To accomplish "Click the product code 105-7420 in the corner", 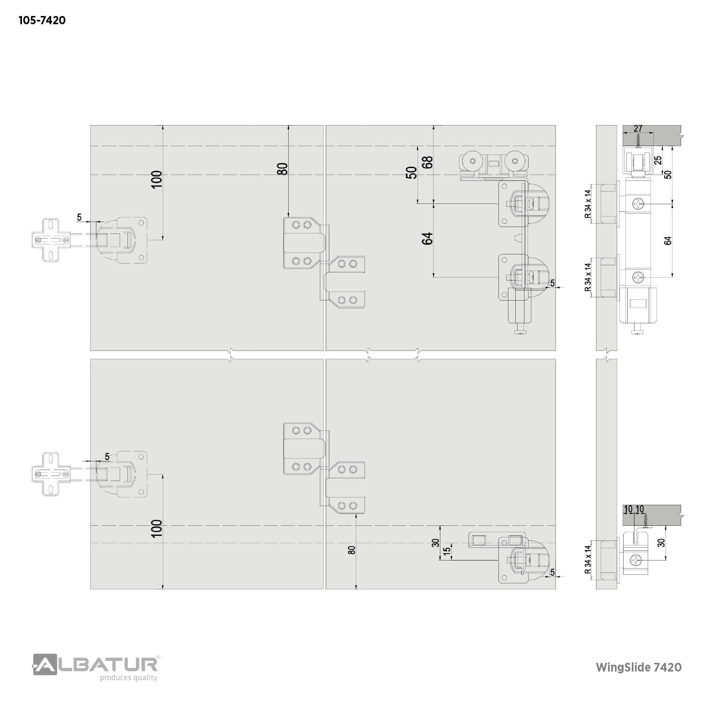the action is (x=42, y=21).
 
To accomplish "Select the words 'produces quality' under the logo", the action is (x=129, y=677).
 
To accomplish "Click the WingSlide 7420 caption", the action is (x=639, y=667).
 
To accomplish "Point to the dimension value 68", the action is (x=428, y=163).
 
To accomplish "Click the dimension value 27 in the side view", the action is (x=639, y=129).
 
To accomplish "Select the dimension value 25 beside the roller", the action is (x=658, y=160).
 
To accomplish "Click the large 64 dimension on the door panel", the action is (x=428, y=238).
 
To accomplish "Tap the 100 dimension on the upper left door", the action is (x=157, y=180).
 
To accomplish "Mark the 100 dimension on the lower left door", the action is (x=157, y=529).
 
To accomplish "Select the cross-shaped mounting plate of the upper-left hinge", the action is (x=51, y=240).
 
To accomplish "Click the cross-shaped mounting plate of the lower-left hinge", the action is (x=51, y=474).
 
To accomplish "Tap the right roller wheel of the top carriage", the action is (x=515, y=161).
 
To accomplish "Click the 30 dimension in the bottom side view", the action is (x=661, y=542).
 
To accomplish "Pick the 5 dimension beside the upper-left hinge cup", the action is (x=79, y=217).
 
